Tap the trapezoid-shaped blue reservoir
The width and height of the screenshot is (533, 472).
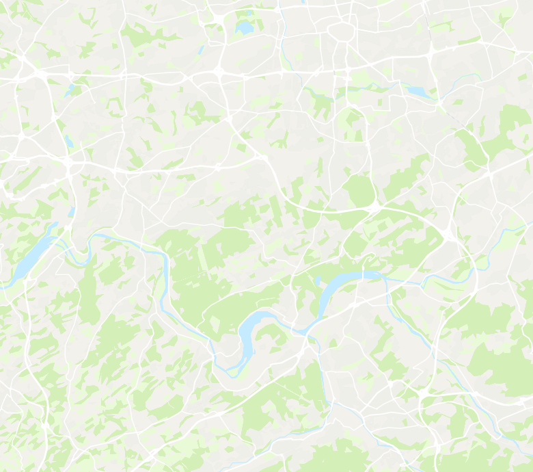pyautogui.click(x=416, y=91)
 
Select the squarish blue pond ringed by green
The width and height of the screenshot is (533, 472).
pyautogui.click(x=244, y=28)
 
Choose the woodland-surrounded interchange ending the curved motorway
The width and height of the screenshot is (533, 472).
pyautogui.click(x=377, y=205)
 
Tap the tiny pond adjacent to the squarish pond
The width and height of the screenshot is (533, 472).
pyautogui.click(x=251, y=14)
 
